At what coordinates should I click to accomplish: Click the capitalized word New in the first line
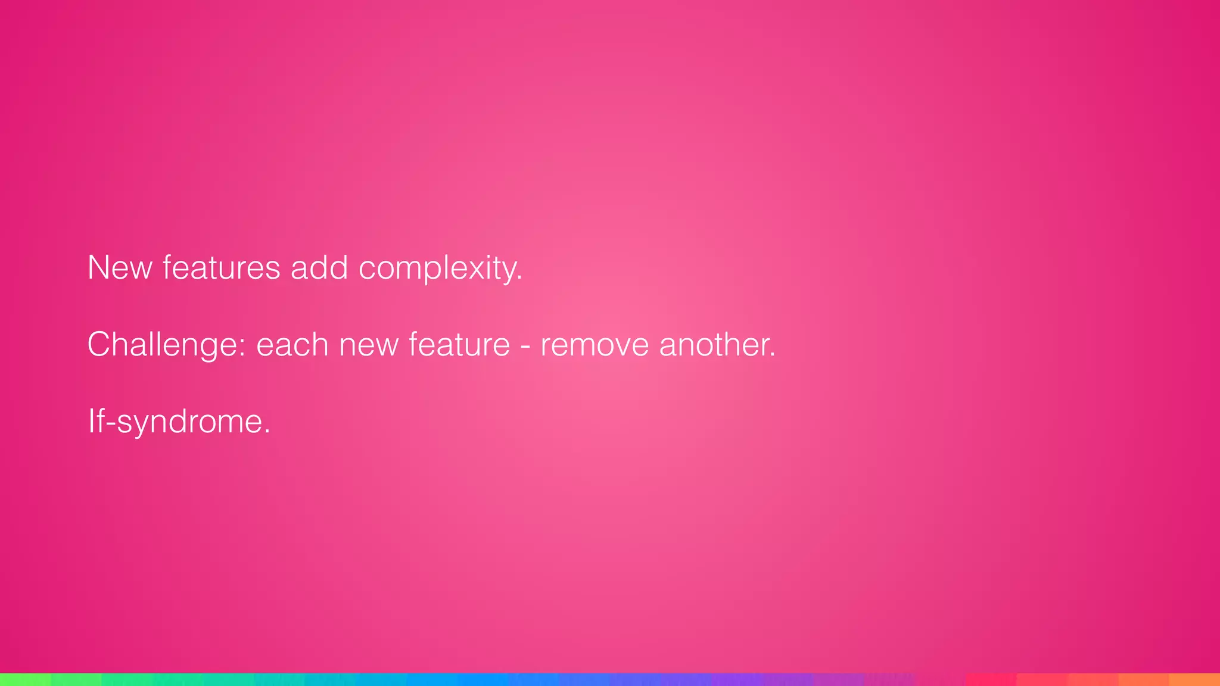coord(120,267)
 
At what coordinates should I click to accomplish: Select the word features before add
coord(221,267)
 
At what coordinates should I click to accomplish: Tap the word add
coord(319,267)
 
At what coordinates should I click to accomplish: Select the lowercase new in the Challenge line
coord(368,345)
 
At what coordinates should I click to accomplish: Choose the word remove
coord(595,345)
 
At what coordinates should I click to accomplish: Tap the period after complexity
coord(519,279)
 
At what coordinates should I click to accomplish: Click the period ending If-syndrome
coord(267,432)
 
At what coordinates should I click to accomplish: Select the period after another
coord(773,355)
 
